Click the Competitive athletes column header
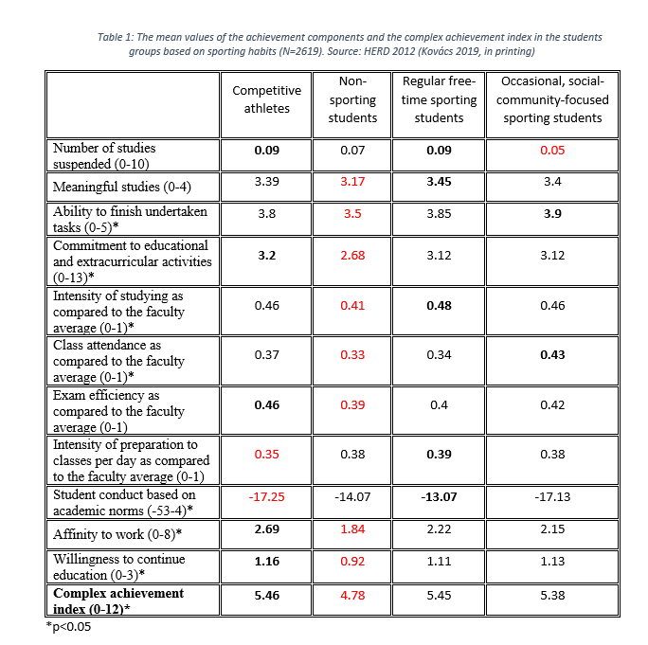tap(266, 99)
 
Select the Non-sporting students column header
tap(352, 99)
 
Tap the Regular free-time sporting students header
tap(439, 99)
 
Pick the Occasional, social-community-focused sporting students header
tap(552, 99)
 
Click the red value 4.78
tap(352, 598)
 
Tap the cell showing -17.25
tap(266, 495)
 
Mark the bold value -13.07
tap(439, 495)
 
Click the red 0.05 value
tap(552, 150)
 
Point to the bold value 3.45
tap(439, 180)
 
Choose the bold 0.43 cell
tap(552, 354)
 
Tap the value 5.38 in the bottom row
tap(552, 598)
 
